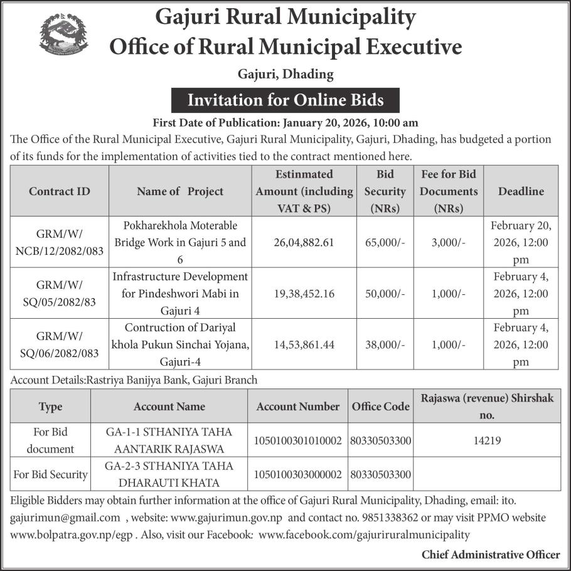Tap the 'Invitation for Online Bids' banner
click(285, 100)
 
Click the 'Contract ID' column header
click(60, 191)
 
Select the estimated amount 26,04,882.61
click(304, 242)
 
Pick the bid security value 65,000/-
click(385, 242)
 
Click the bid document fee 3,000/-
click(449, 242)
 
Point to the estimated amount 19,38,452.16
click(304, 294)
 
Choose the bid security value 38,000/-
click(385, 344)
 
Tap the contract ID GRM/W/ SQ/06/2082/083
click(60, 344)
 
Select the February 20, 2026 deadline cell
click(520, 242)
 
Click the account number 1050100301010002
click(298, 440)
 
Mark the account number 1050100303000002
click(298, 474)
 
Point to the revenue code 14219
click(488, 440)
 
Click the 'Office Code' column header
click(381, 407)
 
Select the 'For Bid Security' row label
click(50, 474)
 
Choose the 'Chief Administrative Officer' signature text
click(491, 554)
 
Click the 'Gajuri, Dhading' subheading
click(285, 75)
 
